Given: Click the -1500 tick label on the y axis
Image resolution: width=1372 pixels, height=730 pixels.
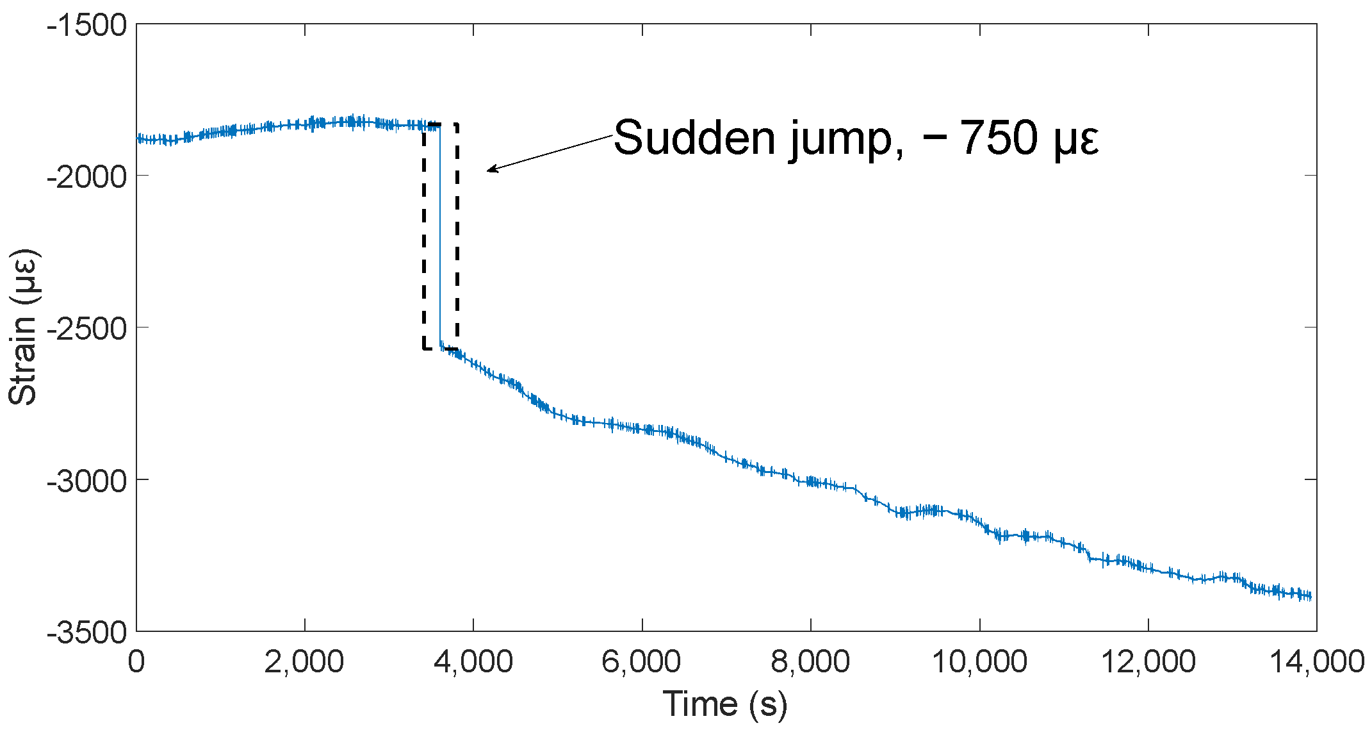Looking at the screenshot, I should (x=87, y=26).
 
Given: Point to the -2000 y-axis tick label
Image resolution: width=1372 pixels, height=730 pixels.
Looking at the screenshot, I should (x=87, y=177).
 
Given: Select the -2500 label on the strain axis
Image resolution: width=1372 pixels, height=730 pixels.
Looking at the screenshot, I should (x=87, y=329).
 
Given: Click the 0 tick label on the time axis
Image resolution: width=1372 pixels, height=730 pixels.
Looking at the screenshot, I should (x=136, y=661).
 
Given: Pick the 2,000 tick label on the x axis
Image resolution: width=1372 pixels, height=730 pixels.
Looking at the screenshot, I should (x=304, y=661).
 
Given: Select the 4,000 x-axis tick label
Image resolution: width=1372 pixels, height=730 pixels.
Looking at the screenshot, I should (x=473, y=661).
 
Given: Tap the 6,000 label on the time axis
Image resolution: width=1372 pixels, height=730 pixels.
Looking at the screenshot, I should (x=641, y=661).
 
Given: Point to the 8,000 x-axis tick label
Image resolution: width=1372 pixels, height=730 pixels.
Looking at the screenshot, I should (x=810, y=661).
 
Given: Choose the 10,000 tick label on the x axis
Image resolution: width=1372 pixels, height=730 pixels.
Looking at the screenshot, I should (x=979, y=661).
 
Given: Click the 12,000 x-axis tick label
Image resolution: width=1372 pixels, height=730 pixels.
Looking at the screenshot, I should (x=1148, y=661).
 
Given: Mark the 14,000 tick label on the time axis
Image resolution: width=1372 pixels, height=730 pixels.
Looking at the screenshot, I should (x=1317, y=661).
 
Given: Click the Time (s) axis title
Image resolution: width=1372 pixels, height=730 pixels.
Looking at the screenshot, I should (x=724, y=704).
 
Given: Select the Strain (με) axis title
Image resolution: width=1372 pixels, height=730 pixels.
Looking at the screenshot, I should (x=24, y=327).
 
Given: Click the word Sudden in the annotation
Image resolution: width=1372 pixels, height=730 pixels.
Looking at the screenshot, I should (x=695, y=138).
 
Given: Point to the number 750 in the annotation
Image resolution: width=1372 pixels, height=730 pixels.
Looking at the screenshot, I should (x=999, y=138).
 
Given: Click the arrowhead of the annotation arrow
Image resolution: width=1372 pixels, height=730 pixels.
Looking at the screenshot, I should (x=491, y=170).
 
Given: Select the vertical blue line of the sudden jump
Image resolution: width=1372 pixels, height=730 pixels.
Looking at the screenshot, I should (x=440, y=237).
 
